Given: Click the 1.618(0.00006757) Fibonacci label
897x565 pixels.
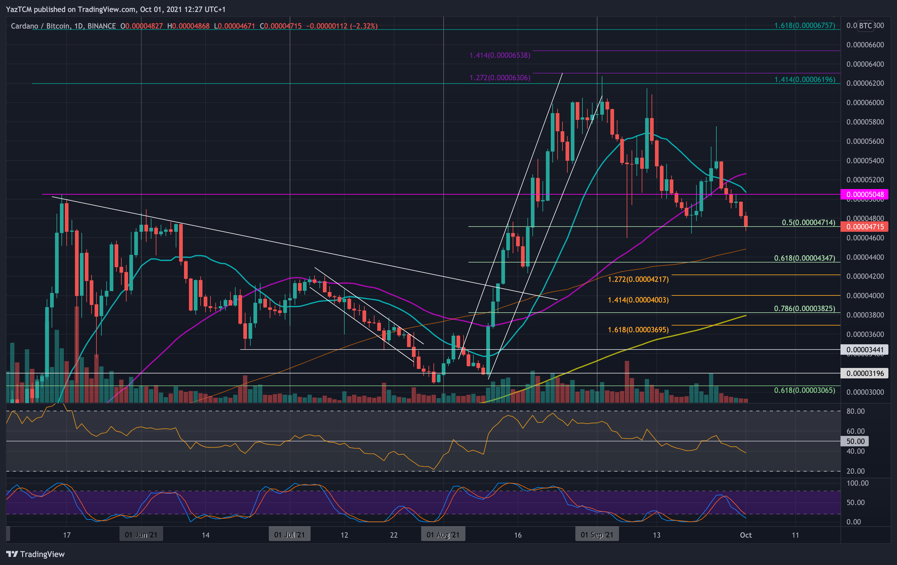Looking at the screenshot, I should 805,25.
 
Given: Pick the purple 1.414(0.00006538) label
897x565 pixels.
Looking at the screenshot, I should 499,55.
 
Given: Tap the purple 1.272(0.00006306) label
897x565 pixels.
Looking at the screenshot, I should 499,77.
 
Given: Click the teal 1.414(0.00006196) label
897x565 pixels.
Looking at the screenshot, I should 805,79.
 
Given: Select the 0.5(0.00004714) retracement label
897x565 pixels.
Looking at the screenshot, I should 808,223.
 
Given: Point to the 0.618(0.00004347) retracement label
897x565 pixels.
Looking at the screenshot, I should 805,258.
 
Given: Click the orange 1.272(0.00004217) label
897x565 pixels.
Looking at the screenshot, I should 638,279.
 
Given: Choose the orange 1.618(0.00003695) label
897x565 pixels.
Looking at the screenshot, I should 638,330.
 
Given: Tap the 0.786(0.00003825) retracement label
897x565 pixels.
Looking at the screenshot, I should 805,309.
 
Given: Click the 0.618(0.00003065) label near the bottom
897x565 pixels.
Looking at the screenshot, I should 805,390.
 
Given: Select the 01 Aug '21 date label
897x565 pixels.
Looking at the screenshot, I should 443,535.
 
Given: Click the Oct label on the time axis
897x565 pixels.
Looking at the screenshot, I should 745,535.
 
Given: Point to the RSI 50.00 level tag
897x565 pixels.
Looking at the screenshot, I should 855,441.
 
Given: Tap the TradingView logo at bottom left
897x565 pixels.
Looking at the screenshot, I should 35,554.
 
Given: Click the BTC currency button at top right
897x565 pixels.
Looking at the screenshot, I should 865,25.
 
